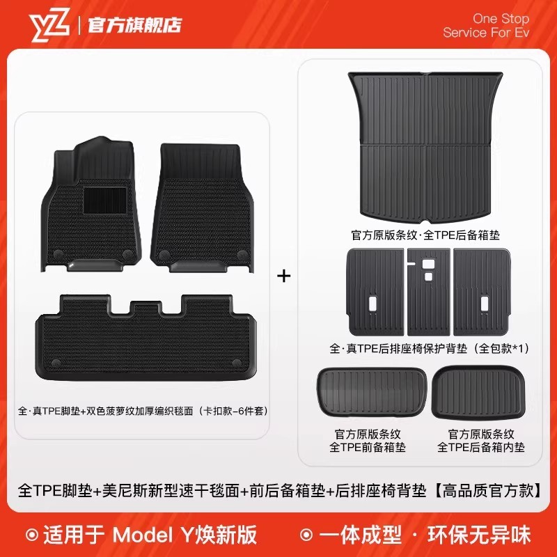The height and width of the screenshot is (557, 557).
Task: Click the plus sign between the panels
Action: [x=283, y=276]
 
